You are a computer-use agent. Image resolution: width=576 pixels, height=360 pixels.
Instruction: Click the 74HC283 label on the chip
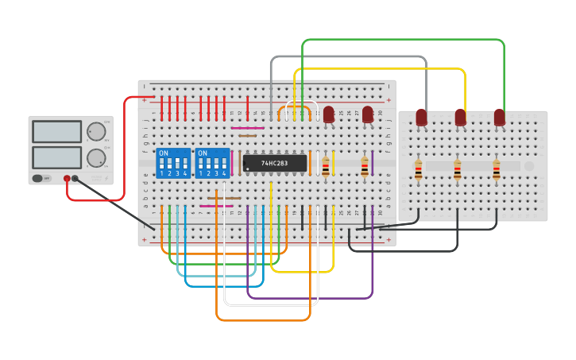[x=275, y=163]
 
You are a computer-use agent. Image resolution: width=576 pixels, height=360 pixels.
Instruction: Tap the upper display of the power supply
[x=56, y=131]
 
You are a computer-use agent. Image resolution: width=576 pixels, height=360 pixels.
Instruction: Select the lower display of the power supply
[x=56, y=157]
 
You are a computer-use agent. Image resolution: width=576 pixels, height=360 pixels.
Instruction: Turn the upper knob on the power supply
[x=96, y=131]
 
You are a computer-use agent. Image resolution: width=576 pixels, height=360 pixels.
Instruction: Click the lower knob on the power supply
[x=96, y=157]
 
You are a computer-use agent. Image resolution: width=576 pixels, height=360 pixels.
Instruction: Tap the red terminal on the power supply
[x=67, y=179]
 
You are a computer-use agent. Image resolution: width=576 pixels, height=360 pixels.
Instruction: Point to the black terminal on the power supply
[x=75, y=179]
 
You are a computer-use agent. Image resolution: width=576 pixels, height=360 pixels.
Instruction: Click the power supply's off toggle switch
[x=39, y=179]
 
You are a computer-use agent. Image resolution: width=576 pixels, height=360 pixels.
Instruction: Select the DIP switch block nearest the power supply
[x=173, y=162]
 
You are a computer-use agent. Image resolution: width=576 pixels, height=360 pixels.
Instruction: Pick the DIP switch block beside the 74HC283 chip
[x=212, y=162]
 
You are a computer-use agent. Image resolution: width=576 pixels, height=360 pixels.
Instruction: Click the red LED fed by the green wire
[x=499, y=118]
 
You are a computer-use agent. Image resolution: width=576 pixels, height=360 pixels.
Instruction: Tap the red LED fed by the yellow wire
[x=460, y=118]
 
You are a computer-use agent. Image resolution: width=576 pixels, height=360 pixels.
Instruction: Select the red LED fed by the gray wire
[x=421, y=118]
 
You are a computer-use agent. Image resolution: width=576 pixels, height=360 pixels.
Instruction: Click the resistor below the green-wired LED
[x=497, y=168]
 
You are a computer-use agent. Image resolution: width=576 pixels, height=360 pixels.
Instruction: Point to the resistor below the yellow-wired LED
[x=458, y=168]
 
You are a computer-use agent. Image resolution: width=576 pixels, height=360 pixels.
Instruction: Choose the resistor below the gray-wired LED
[x=419, y=168]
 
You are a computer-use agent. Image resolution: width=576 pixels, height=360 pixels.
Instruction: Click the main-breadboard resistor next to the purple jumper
[x=365, y=166]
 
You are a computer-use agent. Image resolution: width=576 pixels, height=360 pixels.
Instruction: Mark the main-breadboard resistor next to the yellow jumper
[x=326, y=166]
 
